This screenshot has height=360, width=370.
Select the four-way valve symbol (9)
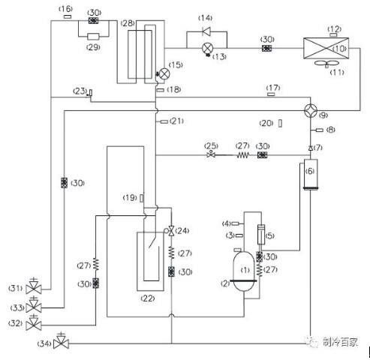tap(311, 110)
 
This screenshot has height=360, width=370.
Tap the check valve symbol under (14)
tap(206, 31)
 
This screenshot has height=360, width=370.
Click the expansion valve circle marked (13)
tap(207, 48)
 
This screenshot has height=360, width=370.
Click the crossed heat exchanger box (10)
tap(326, 48)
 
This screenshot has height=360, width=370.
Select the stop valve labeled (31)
tap(34, 286)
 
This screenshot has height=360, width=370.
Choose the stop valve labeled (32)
tap(34, 322)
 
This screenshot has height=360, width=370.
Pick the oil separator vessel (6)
tap(311, 175)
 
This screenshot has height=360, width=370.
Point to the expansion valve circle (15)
tap(164, 73)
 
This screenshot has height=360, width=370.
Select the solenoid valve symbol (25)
tap(211, 154)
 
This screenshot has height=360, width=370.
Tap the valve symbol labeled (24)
tap(171, 230)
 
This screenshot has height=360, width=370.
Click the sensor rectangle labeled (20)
tap(280, 123)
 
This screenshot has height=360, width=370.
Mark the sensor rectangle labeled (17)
tap(271, 94)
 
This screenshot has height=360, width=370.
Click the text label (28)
tap(128, 23)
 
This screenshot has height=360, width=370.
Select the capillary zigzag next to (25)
tap(242, 154)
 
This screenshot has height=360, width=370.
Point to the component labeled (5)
tap(261, 235)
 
